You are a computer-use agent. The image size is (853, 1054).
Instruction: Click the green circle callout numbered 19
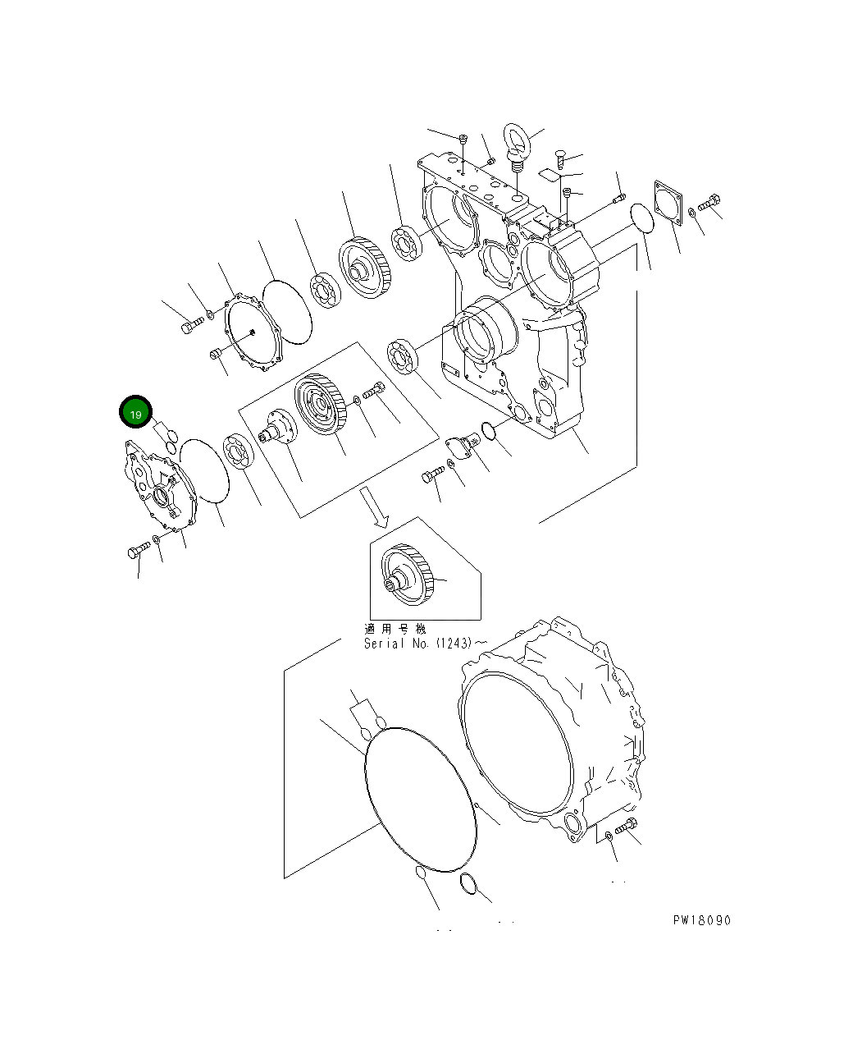coord(136,414)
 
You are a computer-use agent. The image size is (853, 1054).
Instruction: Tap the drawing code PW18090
coord(701,920)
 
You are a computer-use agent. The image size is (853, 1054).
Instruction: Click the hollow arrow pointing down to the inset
coord(376,506)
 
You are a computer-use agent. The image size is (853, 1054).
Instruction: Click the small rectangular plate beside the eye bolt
coord(549,173)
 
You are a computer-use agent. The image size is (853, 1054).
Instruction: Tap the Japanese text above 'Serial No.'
coord(395,628)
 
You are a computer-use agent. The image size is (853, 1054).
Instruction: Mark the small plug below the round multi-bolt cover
coord(216,354)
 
